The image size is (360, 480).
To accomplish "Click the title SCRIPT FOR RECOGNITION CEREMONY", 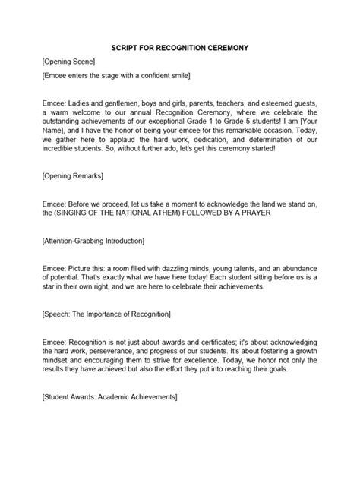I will point(179,48).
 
